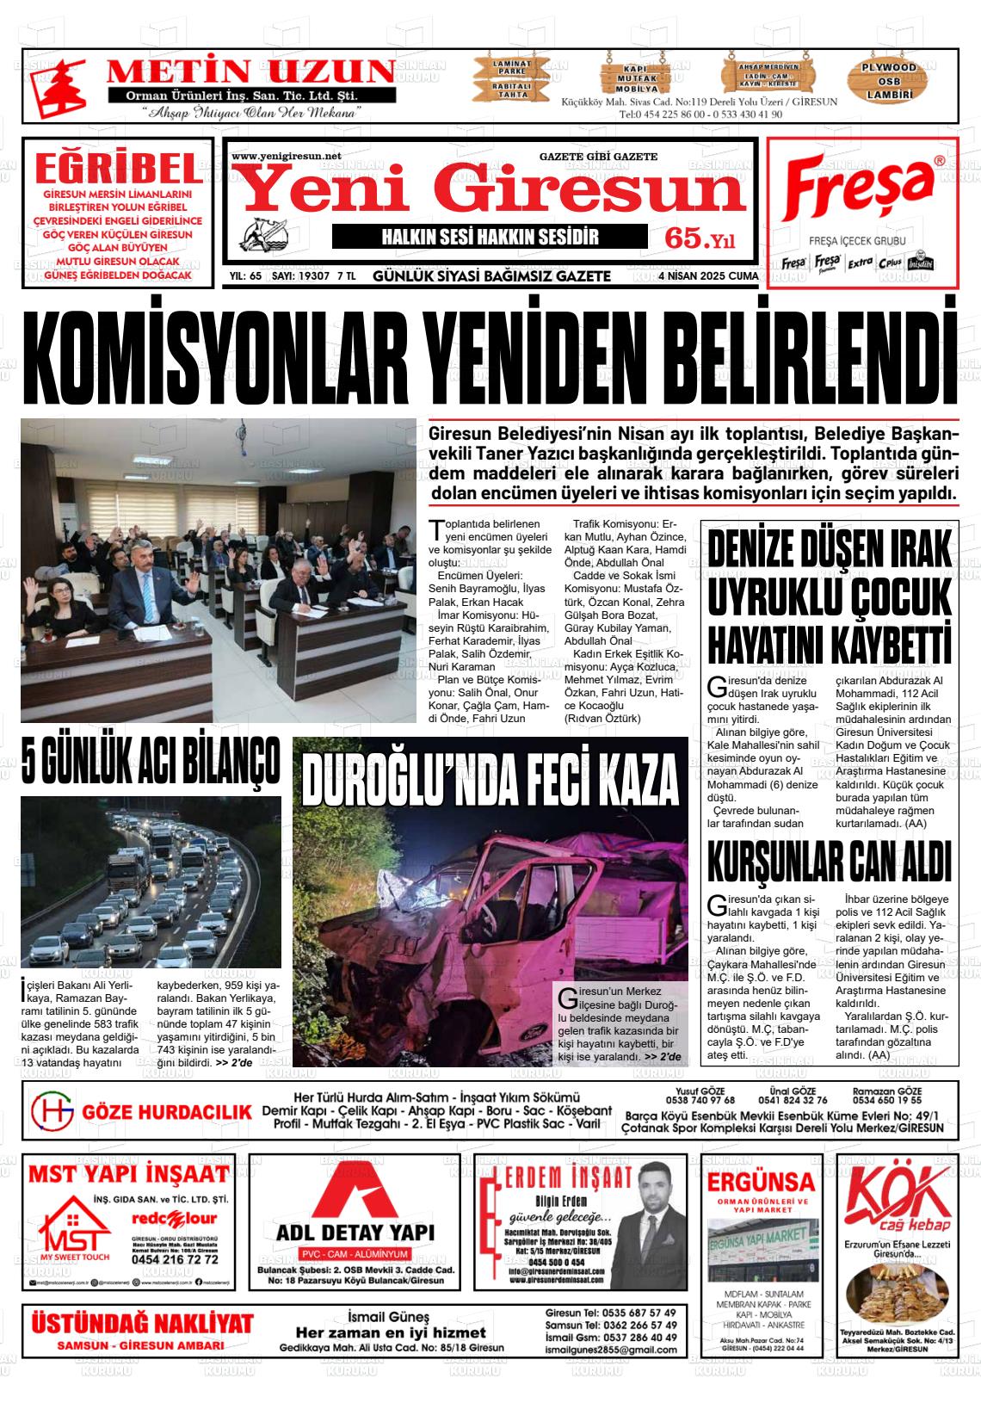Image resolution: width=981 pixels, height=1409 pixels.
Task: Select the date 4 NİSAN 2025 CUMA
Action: point(708,276)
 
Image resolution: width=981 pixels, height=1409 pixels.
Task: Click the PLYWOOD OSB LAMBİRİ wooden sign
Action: point(890,81)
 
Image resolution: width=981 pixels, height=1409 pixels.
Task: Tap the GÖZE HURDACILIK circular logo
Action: point(51,1111)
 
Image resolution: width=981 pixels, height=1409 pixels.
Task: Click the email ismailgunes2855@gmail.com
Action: point(611,1350)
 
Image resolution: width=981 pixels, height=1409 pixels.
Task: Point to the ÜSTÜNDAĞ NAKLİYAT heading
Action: point(142,1324)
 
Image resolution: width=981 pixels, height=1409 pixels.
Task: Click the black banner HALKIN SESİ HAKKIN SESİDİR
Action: point(489,238)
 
